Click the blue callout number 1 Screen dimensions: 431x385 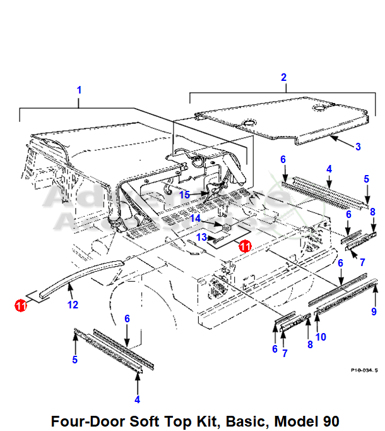[x=79, y=90]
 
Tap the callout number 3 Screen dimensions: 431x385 [x=358, y=147]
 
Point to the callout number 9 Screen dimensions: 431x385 [x=374, y=311]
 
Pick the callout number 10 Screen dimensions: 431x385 [x=321, y=337]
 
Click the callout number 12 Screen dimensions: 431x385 [x=73, y=305]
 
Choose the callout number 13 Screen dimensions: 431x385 [x=201, y=238]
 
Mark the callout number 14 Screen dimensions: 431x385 [x=196, y=219]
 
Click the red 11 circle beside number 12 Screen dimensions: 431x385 [x=21, y=305]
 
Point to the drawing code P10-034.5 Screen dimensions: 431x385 [x=365, y=370]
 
